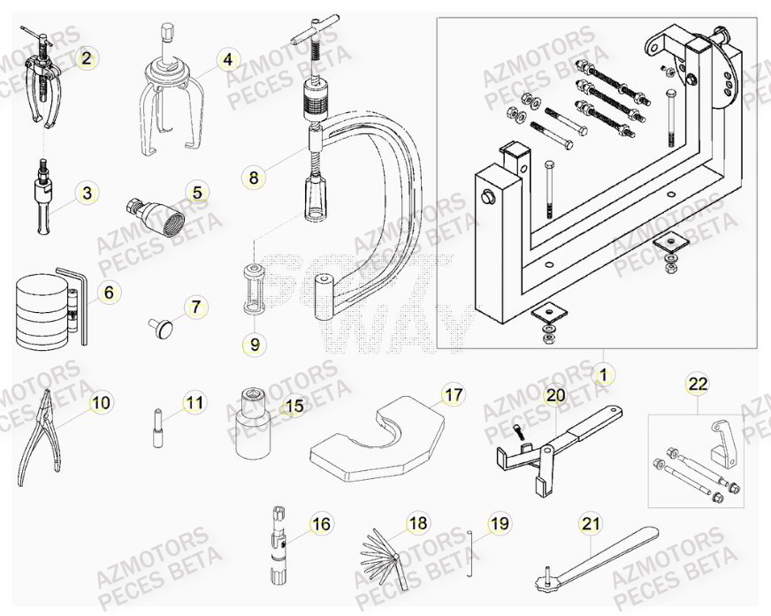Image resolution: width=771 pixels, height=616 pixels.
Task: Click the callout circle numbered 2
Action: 86,59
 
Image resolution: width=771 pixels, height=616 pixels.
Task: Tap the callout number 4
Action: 227,60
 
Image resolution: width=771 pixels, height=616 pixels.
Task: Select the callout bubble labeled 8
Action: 254,178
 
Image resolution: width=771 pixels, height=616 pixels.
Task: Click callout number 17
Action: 453,395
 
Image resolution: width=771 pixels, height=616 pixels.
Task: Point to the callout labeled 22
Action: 698,384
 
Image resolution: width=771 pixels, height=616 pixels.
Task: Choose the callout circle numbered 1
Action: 602,376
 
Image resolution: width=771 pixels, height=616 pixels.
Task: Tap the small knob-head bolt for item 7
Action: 164,327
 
